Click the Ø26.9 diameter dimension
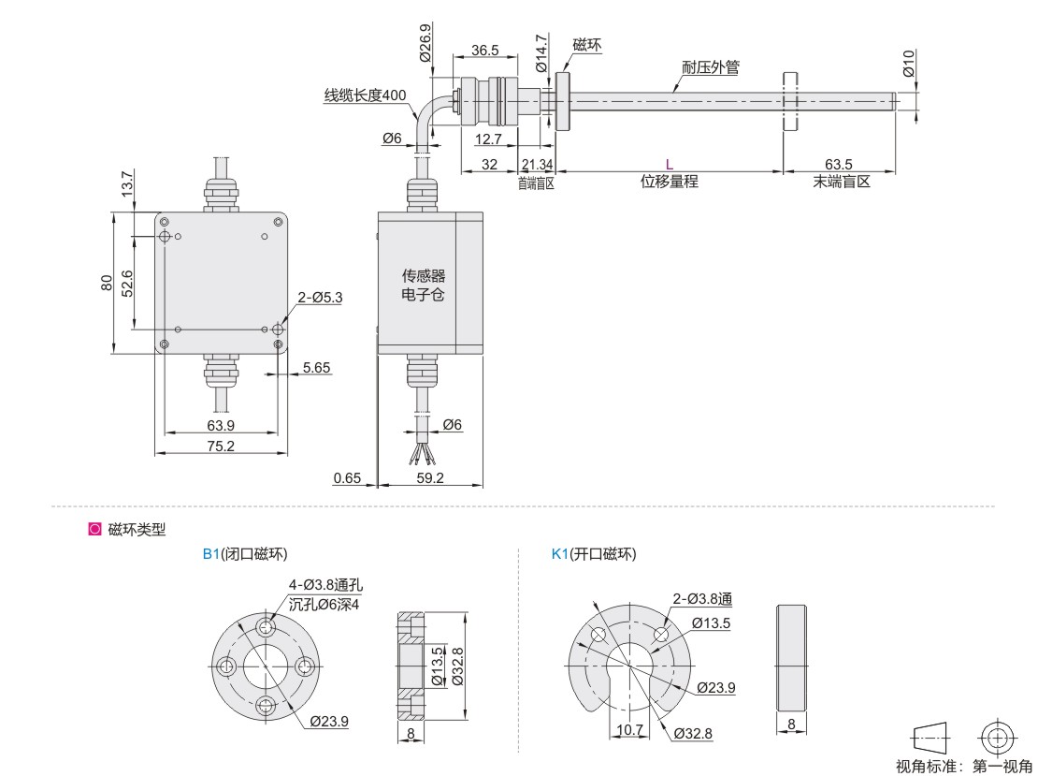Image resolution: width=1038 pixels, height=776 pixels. coord(426,42)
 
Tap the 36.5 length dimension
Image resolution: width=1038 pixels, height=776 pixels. coord(484,51)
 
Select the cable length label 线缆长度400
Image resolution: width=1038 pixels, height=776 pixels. coord(365,95)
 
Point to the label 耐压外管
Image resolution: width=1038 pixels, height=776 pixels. coord(711,68)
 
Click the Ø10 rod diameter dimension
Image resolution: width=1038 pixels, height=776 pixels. coord(908,63)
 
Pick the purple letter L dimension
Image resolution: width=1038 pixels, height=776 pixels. coord(669,164)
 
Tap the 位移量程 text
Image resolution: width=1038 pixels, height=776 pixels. coord(669,182)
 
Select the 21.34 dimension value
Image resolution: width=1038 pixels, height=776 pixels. coord(536,164)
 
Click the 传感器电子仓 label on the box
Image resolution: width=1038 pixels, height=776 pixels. coord(424,285)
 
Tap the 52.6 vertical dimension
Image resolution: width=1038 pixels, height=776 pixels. coord(128,283)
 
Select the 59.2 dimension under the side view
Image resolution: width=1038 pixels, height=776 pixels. coord(430,478)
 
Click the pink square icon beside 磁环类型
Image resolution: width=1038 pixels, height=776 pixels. coord(94,530)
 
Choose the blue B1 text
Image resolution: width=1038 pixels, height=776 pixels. coord(210,554)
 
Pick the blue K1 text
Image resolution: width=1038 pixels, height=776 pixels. coord(560,554)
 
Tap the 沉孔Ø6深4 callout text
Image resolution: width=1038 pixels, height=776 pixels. coord(324,604)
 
